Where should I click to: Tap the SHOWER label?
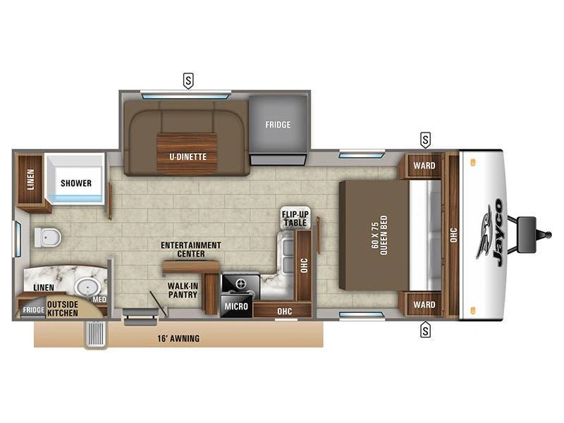tap(76, 183)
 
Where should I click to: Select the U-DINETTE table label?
tap(188, 157)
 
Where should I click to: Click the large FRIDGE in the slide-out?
tap(278, 125)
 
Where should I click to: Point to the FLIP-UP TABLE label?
tap(295, 219)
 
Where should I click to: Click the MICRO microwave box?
tap(236, 306)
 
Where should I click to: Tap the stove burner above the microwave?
tap(240, 284)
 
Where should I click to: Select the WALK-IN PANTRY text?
tap(183, 290)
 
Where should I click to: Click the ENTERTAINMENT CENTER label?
tap(190, 250)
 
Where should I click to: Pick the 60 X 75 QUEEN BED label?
tap(379, 235)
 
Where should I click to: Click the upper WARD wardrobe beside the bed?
tap(424, 166)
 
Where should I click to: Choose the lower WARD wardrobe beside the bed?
tap(424, 305)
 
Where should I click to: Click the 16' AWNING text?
tap(178, 338)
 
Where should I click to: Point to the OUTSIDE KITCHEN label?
tap(63, 309)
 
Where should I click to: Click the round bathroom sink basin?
tap(87, 287)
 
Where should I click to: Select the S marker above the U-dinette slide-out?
tap(188, 80)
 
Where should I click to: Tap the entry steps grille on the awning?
tap(96, 334)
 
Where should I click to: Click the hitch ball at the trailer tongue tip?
tap(548, 235)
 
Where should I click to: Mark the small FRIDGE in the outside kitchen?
tap(33, 309)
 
